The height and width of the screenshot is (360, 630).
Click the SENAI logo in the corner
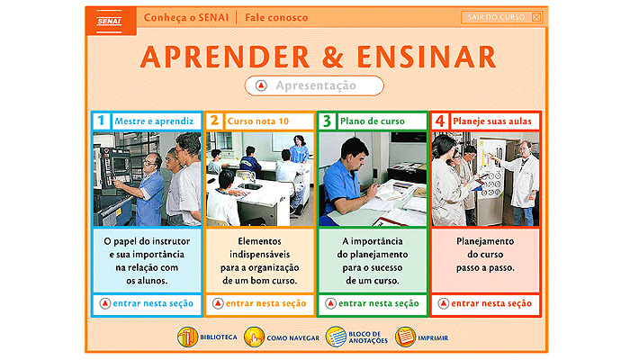click(109, 21)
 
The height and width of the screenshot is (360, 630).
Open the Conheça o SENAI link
click(186, 18)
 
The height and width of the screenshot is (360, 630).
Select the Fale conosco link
click(276, 18)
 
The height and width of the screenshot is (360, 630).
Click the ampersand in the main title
click(333, 57)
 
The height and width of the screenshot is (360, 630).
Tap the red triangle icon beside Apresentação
click(261, 85)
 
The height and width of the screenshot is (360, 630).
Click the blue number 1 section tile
click(101, 121)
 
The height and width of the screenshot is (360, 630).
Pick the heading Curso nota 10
click(258, 121)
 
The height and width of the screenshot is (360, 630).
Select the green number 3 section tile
click(327, 121)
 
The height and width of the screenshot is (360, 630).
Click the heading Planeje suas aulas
click(492, 121)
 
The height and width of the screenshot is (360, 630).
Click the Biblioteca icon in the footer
click(187, 337)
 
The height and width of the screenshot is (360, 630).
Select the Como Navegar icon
click(254, 337)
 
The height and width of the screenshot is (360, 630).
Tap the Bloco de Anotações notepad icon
click(336, 337)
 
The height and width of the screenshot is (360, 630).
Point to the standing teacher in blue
click(299, 149)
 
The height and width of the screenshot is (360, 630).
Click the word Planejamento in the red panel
click(485, 241)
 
